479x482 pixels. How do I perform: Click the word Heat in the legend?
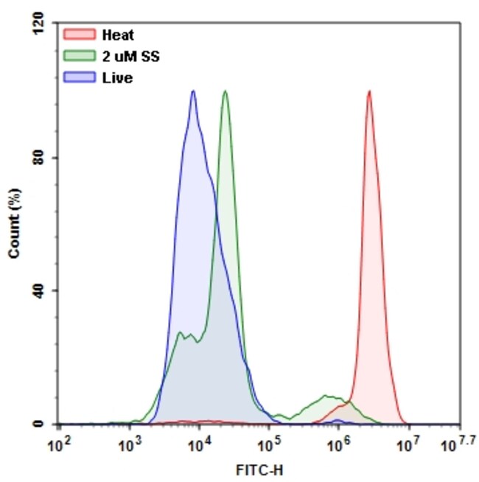tap(118, 35)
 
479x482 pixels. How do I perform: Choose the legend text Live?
tap(118, 77)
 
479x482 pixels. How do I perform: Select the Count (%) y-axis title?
tap(14, 222)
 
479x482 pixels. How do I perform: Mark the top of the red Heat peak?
tap(368, 92)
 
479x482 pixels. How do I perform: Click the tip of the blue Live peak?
tap(193, 91)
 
